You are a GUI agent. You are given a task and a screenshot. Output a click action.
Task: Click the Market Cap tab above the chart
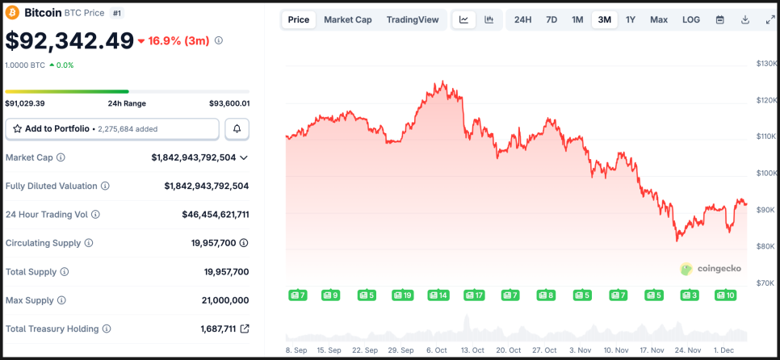[348, 19]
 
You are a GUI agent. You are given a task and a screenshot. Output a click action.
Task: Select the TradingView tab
[413, 19]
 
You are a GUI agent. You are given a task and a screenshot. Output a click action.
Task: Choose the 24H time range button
[523, 19]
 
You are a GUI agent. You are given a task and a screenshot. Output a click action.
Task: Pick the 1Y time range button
[631, 19]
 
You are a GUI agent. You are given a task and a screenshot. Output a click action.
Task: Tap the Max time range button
[659, 19]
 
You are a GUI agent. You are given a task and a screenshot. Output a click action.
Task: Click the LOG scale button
[691, 19]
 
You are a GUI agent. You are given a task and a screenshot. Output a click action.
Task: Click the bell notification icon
[237, 128]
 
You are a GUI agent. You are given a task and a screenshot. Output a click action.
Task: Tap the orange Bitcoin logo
[12, 13]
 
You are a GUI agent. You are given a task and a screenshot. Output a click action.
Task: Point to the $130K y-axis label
[765, 63]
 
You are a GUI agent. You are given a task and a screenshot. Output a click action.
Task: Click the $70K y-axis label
[765, 283]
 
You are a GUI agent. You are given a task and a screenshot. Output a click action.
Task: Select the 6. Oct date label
[435, 350]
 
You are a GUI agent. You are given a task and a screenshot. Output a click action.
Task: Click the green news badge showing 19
[403, 295]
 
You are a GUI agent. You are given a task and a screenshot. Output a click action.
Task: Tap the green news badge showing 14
[438, 295]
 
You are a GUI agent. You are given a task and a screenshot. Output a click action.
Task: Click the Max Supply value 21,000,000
[225, 300]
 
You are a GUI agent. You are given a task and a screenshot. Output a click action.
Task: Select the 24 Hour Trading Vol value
[216, 215]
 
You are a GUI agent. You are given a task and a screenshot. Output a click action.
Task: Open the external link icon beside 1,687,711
[245, 329]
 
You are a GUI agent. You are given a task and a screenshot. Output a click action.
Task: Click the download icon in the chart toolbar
[745, 19]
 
